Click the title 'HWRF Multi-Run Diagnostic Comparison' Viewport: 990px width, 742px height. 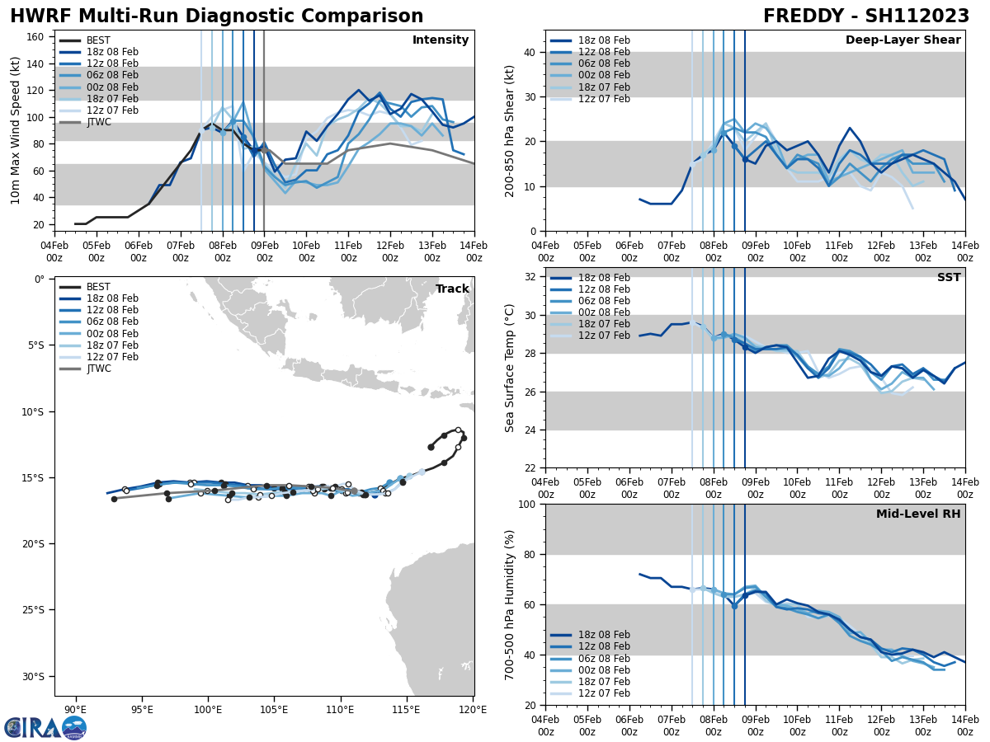216,16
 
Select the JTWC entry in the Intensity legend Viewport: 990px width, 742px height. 98,122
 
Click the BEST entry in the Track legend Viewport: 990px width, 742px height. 98,287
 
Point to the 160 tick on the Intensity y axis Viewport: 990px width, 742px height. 37,37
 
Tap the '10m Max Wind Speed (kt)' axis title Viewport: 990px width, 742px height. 16,130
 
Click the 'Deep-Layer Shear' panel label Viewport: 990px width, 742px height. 903,40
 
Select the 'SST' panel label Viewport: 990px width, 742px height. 948,278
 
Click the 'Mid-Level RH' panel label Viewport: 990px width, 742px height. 918,514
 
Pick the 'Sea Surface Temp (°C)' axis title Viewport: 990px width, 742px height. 510,368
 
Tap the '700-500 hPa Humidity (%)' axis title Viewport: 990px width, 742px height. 510,604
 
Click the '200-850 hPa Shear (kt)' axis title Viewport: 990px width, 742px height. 510,130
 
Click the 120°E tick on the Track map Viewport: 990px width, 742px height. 473,709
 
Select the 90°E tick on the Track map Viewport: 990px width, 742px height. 76,709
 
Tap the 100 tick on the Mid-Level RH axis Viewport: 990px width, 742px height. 528,505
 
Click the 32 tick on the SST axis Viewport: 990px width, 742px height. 531,277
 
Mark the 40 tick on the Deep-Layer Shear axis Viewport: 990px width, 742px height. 531,53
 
